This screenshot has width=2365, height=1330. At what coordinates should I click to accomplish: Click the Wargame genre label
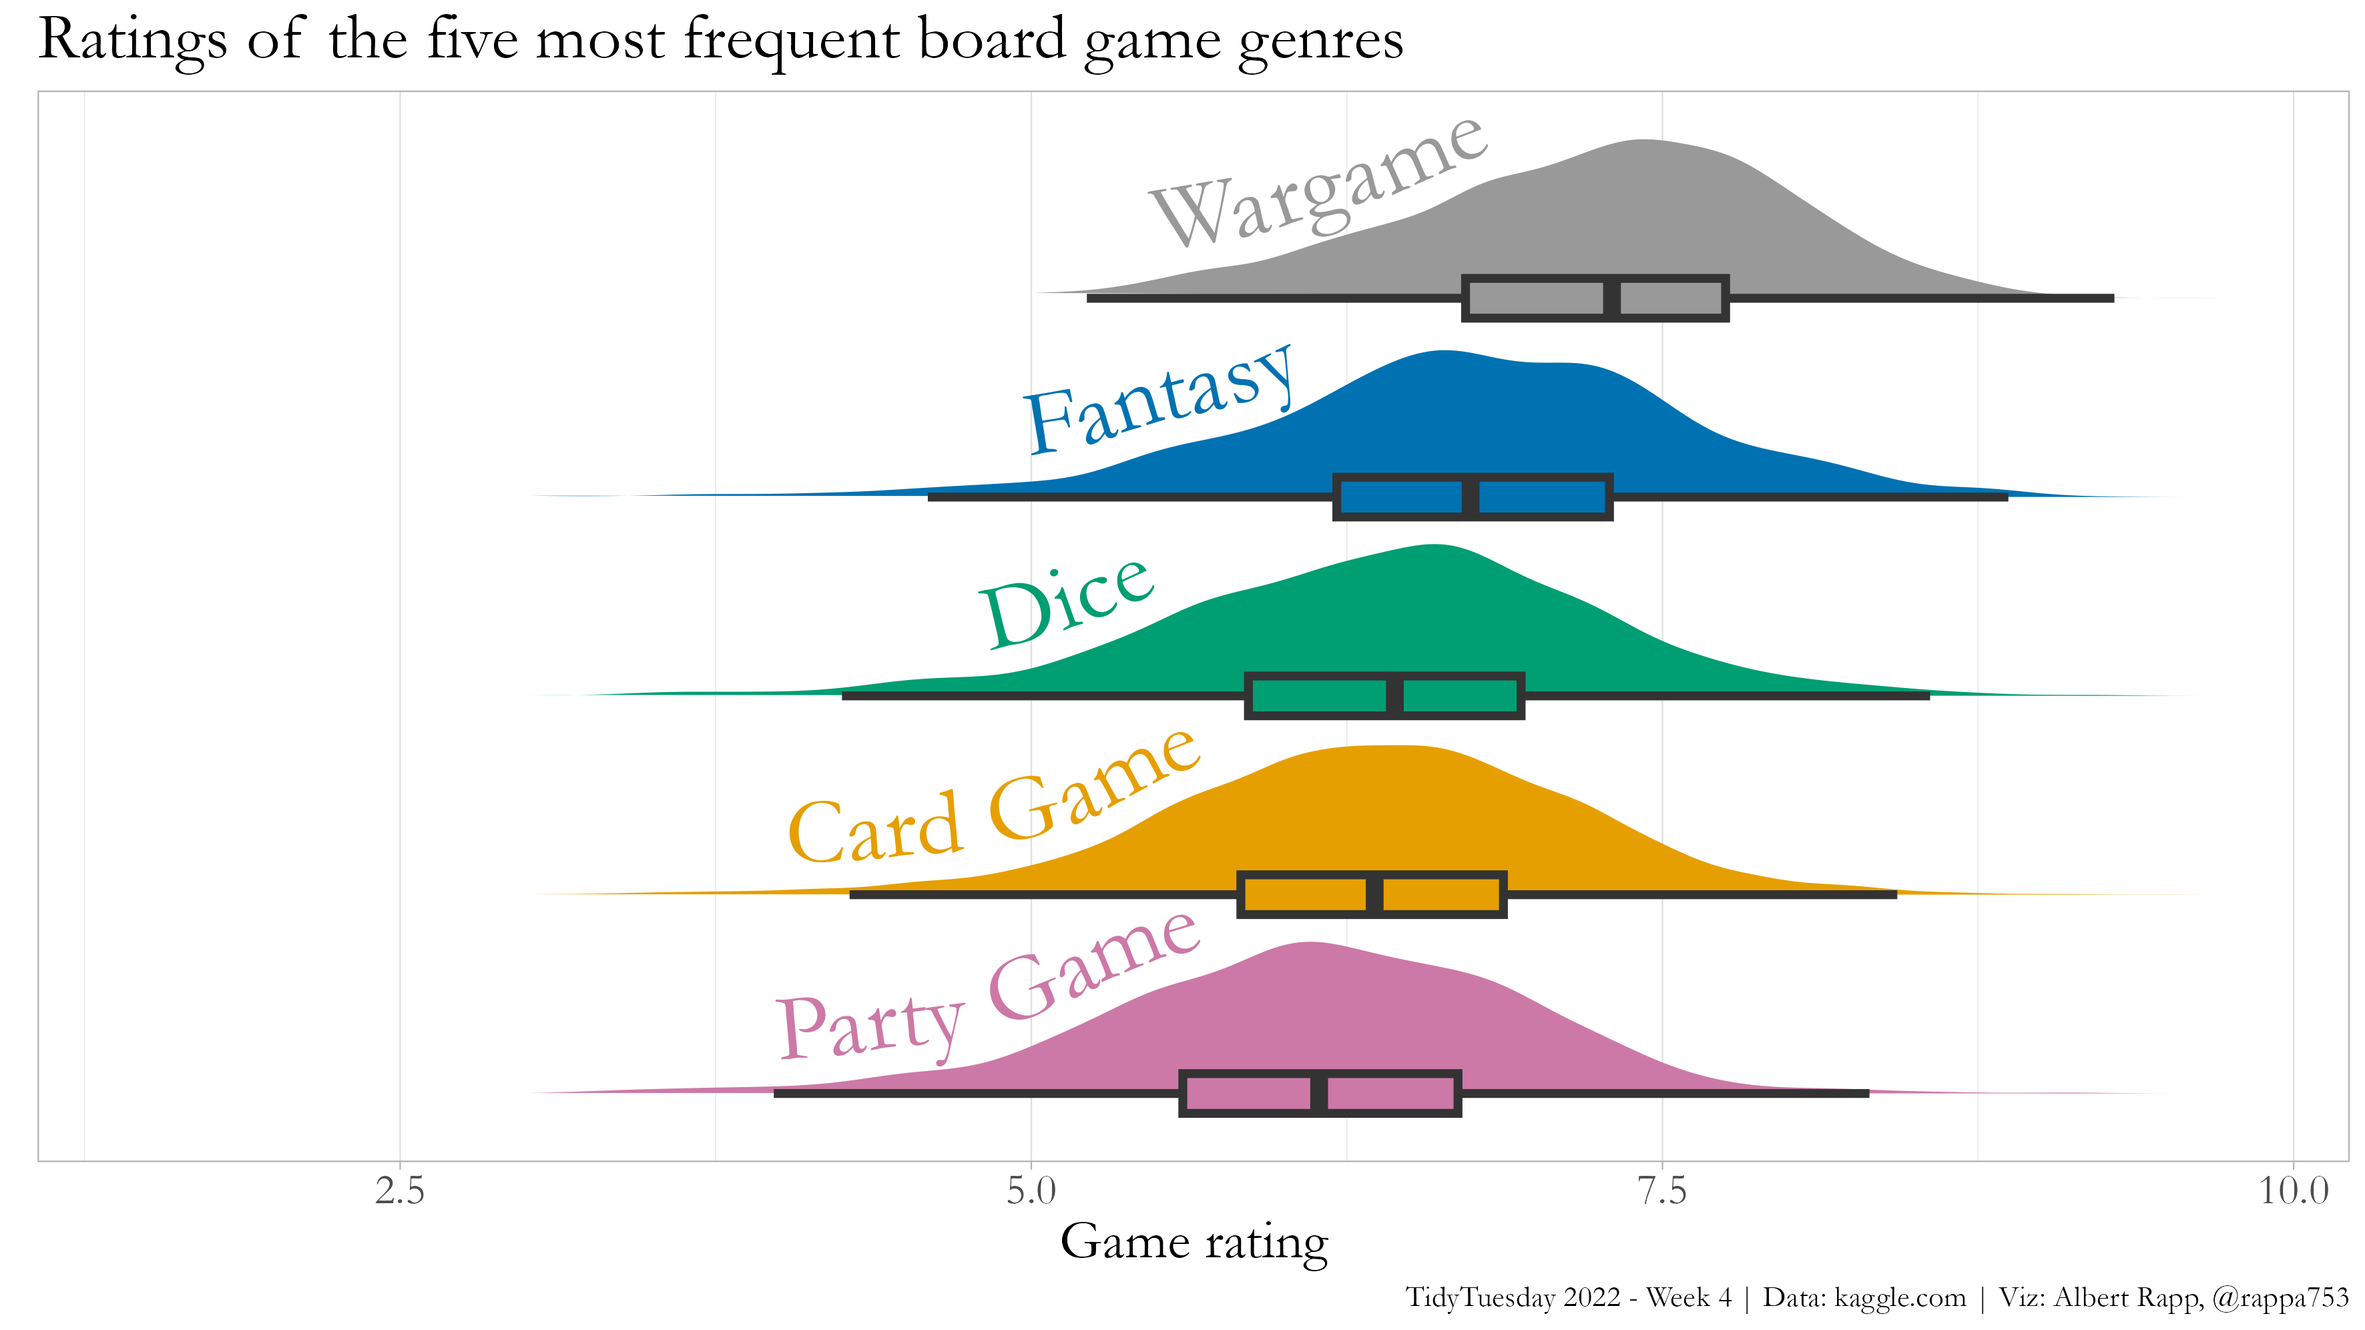coord(1318,184)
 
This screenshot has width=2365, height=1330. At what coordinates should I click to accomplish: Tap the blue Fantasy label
coord(1159,401)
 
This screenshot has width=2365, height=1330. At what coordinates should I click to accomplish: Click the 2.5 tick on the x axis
coord(401,1191)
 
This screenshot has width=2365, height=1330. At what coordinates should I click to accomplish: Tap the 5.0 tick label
coord(1031,1191)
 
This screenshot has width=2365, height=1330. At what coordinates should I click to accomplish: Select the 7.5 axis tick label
coord(1661,1191)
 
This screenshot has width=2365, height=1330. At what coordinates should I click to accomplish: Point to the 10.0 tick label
coord(2292,1191)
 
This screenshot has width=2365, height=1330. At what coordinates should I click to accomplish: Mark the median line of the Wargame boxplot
coord(1611,298)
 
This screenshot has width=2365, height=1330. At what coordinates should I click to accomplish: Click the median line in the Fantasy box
coord(1470,497)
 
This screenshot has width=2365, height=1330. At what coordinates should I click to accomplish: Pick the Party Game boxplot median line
coord(1319,1093)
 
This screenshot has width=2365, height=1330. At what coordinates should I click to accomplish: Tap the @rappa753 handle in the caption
coord(2280,1298)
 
